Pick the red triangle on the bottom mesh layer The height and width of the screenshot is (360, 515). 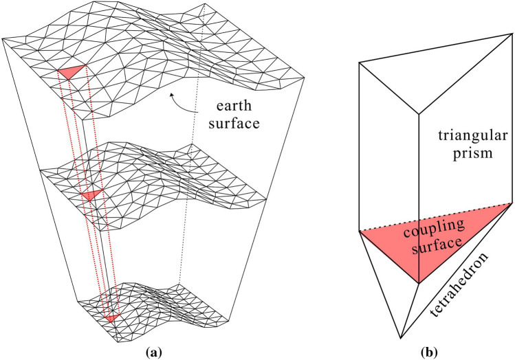pyautogui.click(x=111, y=317)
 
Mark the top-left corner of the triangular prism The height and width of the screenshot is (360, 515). pyautogui.click(x=360, y=63)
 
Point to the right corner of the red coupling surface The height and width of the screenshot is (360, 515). pyautogui.click(x=510, y=203)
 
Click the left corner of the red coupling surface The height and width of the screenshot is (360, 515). pyautogui.click(x=360, y=231)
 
